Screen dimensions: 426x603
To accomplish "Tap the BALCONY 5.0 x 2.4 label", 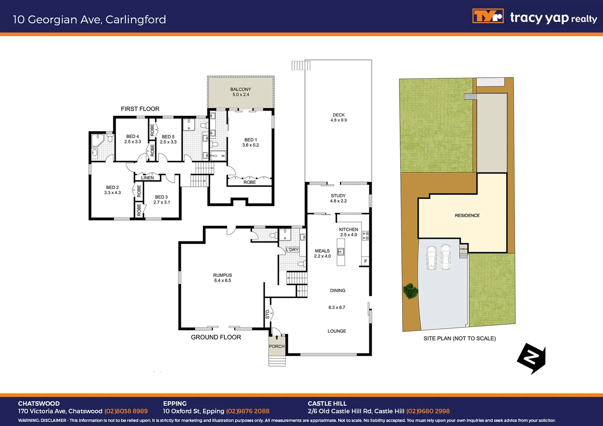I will tap(241, 92).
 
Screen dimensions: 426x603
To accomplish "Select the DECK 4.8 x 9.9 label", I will tap(339, 118).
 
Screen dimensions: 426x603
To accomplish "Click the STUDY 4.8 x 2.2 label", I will tap(338, 198).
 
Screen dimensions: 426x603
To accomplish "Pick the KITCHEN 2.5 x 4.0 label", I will tap(348, 232).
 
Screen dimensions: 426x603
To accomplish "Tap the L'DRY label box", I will tap(292, 250).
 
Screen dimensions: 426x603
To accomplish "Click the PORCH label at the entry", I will tap(277, 346).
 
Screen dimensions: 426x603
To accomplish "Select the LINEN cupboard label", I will tap(148, 178).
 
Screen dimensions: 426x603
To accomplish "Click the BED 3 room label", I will tap(161, 200).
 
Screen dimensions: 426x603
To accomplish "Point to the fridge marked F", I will tap(365, 261).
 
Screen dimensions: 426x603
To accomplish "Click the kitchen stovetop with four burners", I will tap(365, 236).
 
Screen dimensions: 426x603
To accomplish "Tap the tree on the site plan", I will tap(410, 291).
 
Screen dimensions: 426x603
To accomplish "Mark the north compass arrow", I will tap(532, 358).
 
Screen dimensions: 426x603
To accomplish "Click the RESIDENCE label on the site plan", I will tap(467, 215).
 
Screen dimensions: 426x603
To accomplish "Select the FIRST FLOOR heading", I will tap(140, 109).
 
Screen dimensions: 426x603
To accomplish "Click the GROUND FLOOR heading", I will tap(216, 337).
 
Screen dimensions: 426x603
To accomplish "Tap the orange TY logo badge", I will tap(488, 16).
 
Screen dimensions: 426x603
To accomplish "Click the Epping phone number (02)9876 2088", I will tap(248, 411).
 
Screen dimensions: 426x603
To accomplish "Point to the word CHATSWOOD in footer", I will tap(39, 404).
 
